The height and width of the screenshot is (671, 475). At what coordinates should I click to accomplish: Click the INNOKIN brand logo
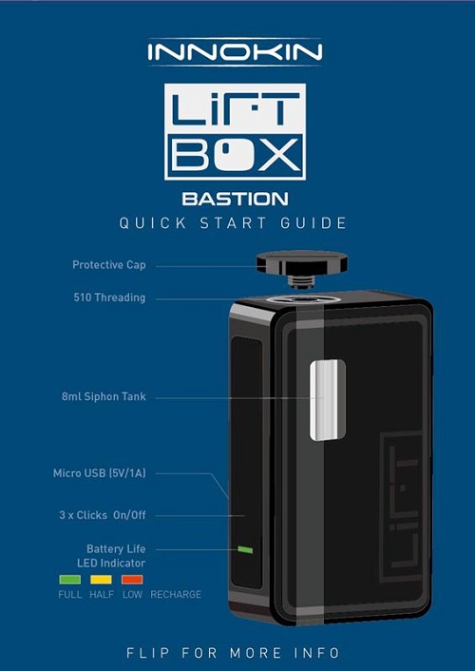(x=235, y=52)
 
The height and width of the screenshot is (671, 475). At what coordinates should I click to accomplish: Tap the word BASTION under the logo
(x=235, y=199)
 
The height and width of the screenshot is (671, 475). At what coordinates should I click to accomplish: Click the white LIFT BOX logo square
(x=235, y=131)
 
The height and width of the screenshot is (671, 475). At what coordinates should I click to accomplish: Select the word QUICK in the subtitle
(x=153, y=223)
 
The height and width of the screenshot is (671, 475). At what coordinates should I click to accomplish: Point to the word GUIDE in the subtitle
(x=313, y=223)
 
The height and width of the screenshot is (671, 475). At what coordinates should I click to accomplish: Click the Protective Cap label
(x=109, y=265)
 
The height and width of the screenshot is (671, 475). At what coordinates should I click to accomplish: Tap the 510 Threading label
(x=109, y=297)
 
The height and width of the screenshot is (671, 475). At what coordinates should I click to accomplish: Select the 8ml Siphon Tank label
(x=104, y=396)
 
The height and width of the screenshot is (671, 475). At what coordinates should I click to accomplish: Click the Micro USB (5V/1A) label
(x=100, y=473)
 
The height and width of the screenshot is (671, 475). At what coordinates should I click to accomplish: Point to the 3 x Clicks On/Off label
(x=103, y=515)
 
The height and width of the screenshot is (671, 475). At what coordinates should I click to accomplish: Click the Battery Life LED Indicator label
(x=112, y=556)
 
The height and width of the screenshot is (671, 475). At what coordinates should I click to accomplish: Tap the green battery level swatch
(x=69, y=580)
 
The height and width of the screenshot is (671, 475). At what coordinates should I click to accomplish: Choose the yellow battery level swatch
(x=101, y=580)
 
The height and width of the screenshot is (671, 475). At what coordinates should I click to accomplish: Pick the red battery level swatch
(x=132, y=580)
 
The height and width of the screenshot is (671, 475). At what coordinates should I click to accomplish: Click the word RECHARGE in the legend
(x=176, y=594)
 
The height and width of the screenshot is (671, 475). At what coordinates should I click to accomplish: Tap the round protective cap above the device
(x=302, y=262)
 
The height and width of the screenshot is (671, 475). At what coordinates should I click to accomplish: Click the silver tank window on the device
(x=328, y=400)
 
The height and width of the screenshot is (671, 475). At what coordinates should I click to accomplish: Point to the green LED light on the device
(x=245, y=549)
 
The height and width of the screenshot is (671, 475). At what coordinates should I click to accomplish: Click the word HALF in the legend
(x=102, y=594)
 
